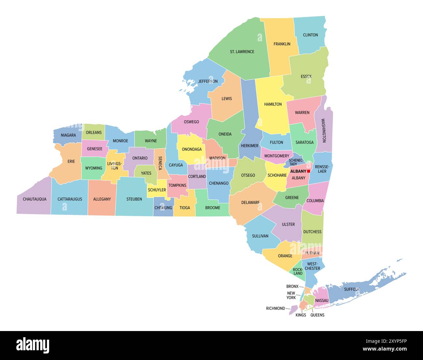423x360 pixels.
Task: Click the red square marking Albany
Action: pos(308,171)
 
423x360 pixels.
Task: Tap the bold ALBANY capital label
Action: pos(298,171)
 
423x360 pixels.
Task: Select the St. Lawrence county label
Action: pos(242,52)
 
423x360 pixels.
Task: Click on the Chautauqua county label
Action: pos(34,199)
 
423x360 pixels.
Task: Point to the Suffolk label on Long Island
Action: pos(352,289)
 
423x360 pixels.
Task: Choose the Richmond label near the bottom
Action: pos(275,308)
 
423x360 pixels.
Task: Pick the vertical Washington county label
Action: pos(323,130)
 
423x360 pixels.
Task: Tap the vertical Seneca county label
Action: pos(160,163)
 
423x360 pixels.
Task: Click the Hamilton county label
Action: pos(273,104)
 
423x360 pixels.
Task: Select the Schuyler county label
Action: pos(157,190)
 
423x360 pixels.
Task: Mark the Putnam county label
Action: pos(312,253)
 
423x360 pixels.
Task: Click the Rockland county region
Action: pos(298,271)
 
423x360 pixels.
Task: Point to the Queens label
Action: pos(317,315)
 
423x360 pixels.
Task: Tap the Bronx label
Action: pos(292,286)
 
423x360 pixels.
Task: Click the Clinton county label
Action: pos(310,35)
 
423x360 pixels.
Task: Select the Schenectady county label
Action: pos(296,162)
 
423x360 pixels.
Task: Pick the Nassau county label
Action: pos(322,300)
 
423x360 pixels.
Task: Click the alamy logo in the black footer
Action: pos(33,345)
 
